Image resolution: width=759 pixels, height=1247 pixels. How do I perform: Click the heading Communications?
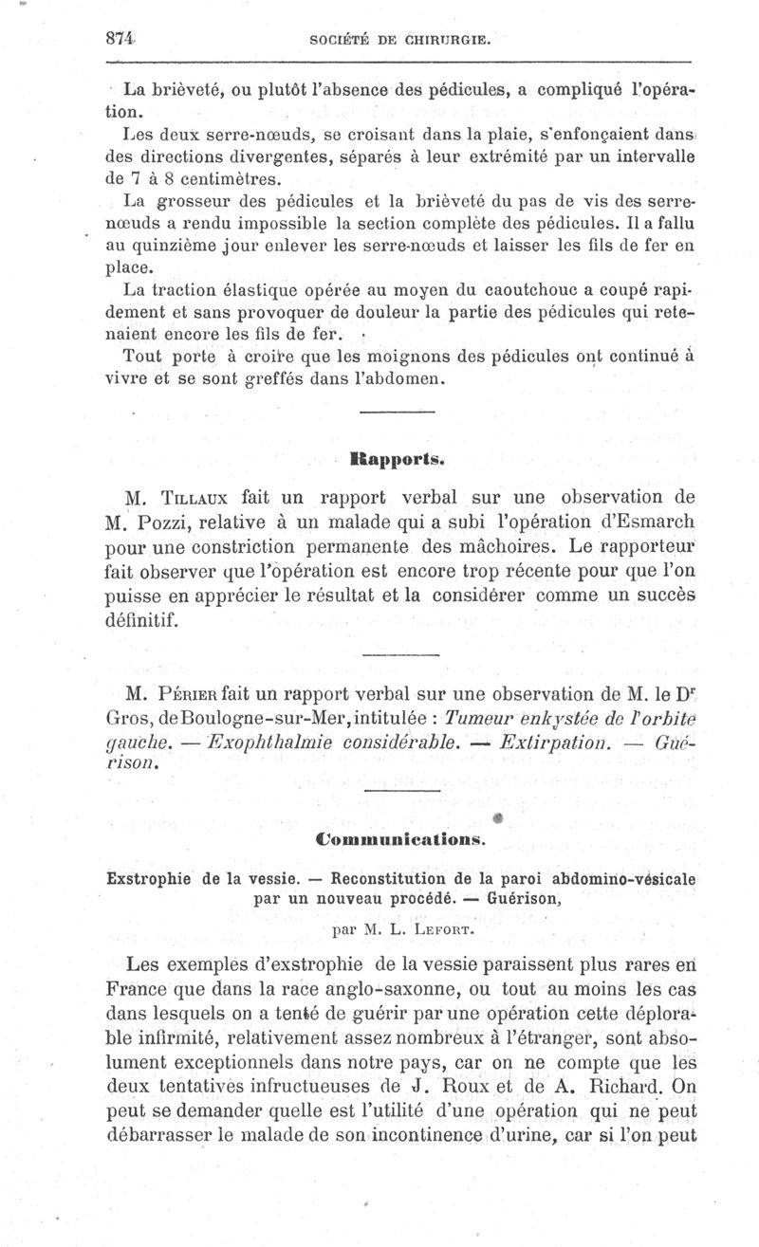(398, 839)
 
